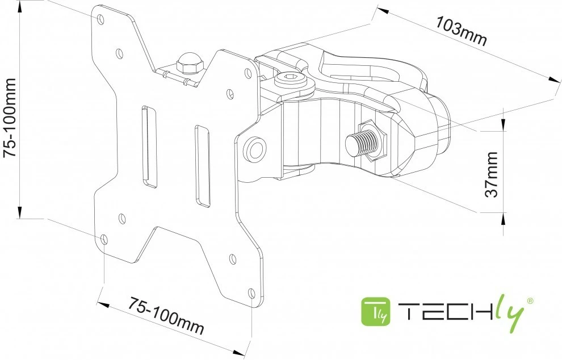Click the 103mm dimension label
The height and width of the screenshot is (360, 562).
coord(462,31)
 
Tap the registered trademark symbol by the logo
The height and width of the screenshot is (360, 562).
coord(530,300)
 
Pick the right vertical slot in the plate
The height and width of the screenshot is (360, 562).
coord(202,165)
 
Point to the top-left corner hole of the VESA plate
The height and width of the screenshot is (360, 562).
coord(101,19)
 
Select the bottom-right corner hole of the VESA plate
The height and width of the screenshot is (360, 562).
coord(252,293)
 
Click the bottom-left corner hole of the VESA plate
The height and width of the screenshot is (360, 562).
coord(104,240)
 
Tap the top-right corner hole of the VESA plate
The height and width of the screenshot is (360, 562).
coord(248,73)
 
